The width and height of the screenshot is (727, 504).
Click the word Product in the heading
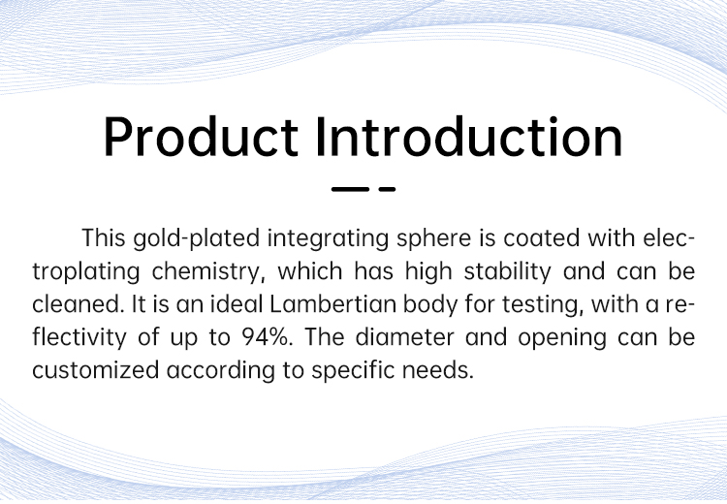202,137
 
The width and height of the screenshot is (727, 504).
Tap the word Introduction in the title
469,137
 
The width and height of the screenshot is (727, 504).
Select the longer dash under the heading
350,189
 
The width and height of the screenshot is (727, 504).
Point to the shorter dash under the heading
387,189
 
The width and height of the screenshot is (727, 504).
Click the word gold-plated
196,238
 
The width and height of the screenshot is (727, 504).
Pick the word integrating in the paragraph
329,238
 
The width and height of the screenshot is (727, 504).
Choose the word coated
542,237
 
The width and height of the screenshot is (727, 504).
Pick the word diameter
405,337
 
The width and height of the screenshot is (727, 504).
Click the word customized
96,370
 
